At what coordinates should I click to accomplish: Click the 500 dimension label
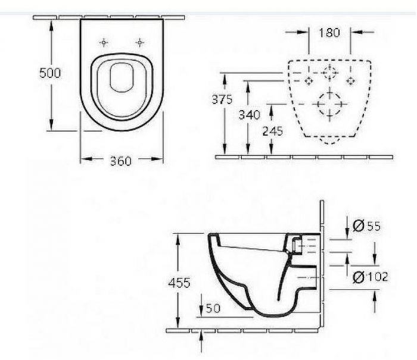tap(50, 73)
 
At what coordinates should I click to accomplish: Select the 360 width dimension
tap(121, 161)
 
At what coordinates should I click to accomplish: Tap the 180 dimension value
tap(329, 33)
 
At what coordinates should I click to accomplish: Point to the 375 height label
tap(222, 99)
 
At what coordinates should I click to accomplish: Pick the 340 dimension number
tap(249, 115)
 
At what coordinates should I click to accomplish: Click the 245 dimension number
tap(273, 131)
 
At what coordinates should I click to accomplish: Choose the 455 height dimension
tap(179, 283)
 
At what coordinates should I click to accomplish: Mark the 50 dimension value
tap(213, 308)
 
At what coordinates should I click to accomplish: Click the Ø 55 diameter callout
tap(366, 226)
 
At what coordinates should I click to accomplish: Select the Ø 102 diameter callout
tap(370, 277)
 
